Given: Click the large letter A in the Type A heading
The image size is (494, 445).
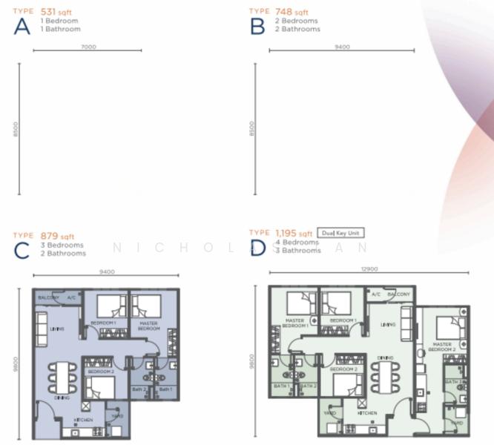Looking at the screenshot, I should [x=22, y=27].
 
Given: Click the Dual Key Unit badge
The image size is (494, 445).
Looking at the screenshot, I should [x=340, y=233].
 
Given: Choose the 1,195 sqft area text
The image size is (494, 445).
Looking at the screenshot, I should [x=294, y=233].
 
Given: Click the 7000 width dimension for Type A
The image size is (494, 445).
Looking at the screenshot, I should [x=88, y=46].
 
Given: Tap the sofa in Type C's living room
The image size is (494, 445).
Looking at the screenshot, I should [x=42, y=329].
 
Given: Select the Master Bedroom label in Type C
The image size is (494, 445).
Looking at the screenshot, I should [x=148, y=326].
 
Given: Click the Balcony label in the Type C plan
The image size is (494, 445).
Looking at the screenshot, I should [x=49, y=297].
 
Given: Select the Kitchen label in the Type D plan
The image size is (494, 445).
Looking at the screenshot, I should [x=368, y=412].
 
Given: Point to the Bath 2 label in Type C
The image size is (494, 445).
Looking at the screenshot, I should [x=139, y=389].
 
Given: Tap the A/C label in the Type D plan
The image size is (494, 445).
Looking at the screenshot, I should [x=376, y=294].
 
